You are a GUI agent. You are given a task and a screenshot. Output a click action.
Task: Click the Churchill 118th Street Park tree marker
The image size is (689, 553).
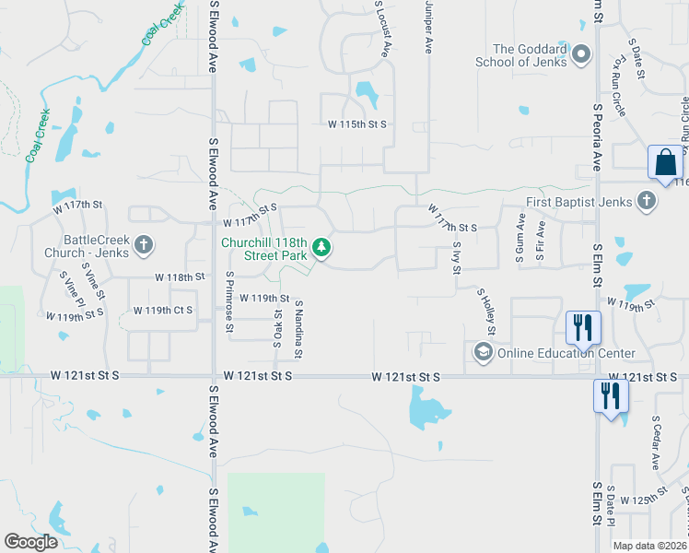coord(321,246)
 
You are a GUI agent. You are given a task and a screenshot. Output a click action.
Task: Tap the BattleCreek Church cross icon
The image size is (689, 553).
coord(143,245)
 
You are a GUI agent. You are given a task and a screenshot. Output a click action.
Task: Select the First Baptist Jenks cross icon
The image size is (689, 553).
coord(647,201)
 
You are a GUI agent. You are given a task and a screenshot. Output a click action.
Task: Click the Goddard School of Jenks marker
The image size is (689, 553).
coord(580,55)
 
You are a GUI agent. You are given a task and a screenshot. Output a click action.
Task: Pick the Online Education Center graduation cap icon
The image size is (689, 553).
coord(483,352)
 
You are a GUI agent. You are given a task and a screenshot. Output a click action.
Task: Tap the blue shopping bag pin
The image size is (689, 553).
coord(664,163)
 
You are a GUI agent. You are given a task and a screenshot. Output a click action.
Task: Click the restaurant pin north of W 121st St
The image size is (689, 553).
coord(583,327)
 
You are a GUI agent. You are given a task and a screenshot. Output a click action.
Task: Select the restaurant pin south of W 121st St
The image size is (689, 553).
coord(611,396)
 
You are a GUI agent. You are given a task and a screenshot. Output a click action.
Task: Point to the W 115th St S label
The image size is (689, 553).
coord(357,124)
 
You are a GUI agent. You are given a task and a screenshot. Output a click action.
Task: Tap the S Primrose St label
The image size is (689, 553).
coord(230,302)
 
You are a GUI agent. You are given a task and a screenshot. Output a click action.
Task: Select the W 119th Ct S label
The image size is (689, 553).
coord(163,311)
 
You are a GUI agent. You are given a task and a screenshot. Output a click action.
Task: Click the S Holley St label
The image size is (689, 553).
coord(487,311)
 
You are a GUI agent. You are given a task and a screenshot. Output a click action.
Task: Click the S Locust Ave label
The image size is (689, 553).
coord(386,30)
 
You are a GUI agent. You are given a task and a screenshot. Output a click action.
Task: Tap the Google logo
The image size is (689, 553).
coord(30,542)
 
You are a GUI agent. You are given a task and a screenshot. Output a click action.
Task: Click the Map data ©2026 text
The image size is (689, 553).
coord(649,546)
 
